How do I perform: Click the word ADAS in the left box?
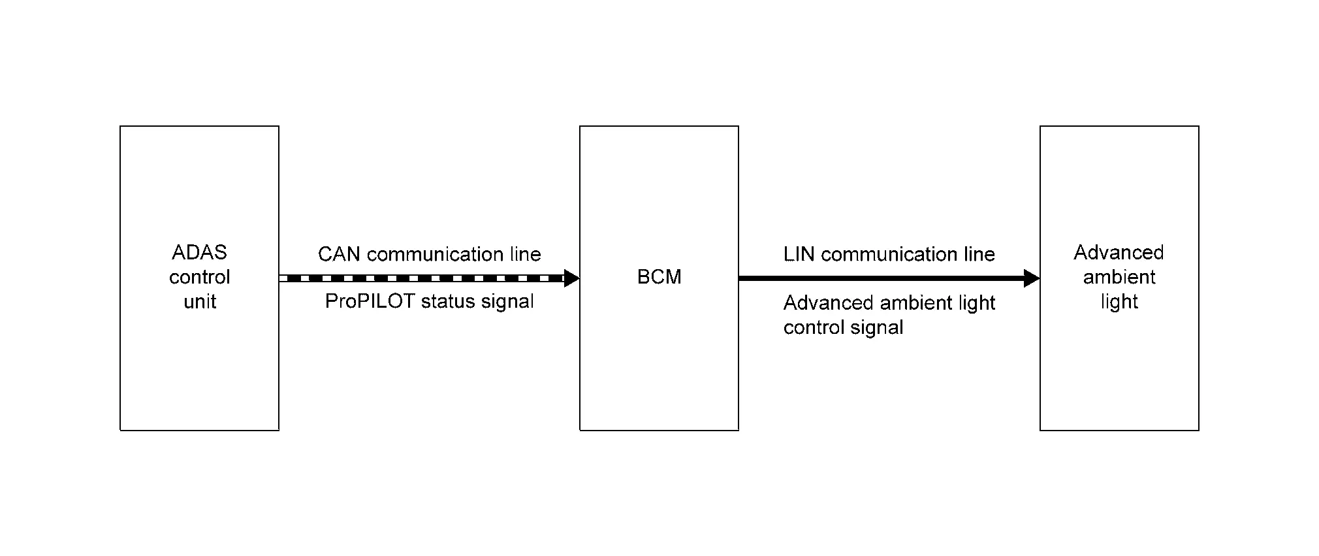tap(199, 252)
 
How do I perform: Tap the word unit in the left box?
tap(200, 301)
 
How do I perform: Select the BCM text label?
tap(659, 277)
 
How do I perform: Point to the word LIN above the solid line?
tap(799, 254)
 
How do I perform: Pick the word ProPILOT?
tap(370, 301)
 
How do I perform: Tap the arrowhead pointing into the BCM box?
tap(571, 278)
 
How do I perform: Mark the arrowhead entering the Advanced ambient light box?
tap(1032, 278)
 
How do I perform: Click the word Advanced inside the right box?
tap(1119, 252)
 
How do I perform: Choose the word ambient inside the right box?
tap(1119, 277)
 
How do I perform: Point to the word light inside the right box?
tap(1119, 302)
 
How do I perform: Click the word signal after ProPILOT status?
tap(507, 302)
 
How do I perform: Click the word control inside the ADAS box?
tap(200, 277)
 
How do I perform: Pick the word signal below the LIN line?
tap(877, 328)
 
